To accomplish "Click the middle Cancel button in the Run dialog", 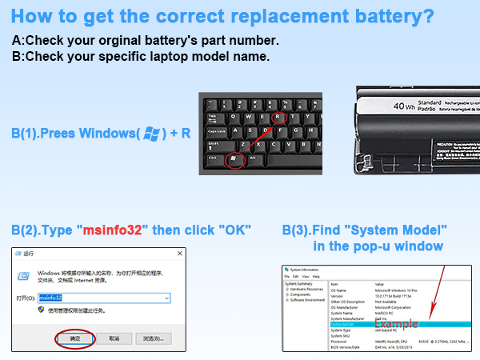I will point(114,338).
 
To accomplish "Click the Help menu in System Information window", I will point(318,277).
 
